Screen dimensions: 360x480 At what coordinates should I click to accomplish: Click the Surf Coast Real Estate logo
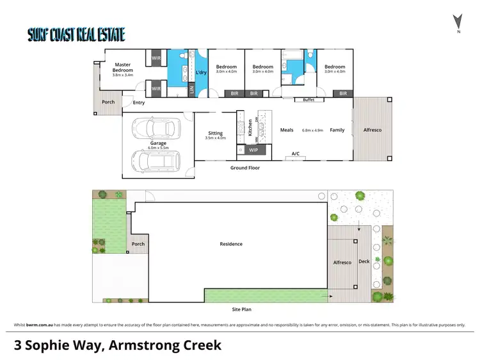click(76, 35)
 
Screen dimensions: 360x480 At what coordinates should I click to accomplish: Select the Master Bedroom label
click(123, 67)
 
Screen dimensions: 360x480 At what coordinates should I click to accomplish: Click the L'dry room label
click(201, 72)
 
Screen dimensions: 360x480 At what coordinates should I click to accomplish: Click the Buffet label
click(308, 99)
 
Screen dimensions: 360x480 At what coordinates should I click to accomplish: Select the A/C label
click(296, 154)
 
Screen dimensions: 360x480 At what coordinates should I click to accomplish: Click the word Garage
click(158, 143)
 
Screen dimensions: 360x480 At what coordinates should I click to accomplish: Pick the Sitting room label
click(216, 133)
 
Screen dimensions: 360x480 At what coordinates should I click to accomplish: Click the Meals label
click(287, 130)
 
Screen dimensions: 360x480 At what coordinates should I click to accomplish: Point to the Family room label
click(337, 130)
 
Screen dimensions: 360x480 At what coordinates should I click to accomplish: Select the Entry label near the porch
click(139, 102)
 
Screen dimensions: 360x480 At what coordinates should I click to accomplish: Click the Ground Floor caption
click(246, 168)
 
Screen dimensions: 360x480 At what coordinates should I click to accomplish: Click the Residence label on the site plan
click(231, 244)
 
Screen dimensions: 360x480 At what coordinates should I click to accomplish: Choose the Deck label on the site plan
click(364, 261)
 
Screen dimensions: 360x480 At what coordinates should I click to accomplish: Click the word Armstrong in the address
click(141, 345)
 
